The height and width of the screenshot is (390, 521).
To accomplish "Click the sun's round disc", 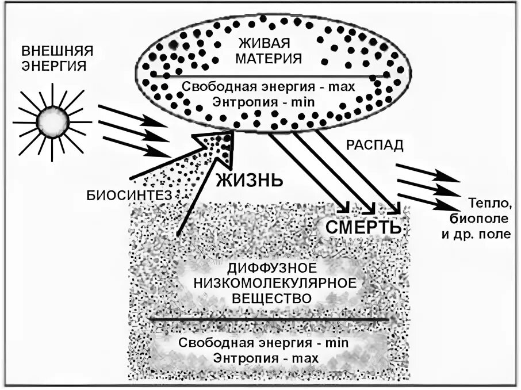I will tap(52, 121).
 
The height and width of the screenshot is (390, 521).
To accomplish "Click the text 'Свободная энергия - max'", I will tap(268, 87).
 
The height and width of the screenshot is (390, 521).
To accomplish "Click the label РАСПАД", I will tap(374, 146).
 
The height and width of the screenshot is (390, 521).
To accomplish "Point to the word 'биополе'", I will tap(485, 220).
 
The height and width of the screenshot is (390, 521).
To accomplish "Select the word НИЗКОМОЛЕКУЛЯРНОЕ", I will tap(274, 284).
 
